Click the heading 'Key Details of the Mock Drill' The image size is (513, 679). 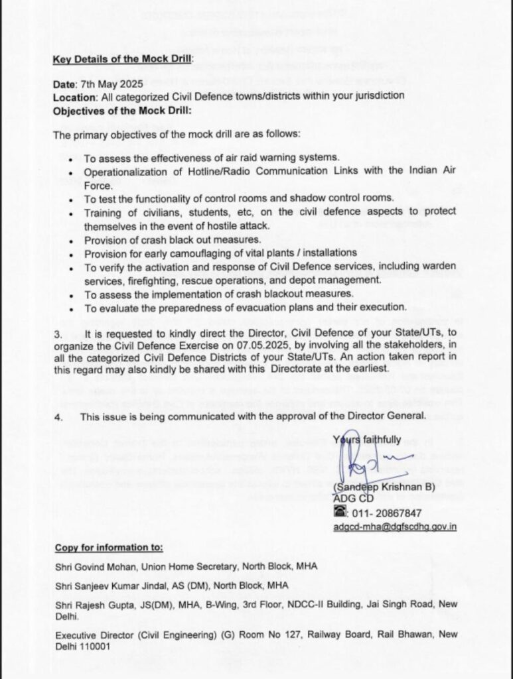[122, 58]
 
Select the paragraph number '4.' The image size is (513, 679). [58, 416]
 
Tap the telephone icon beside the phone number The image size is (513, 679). [339, 513]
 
